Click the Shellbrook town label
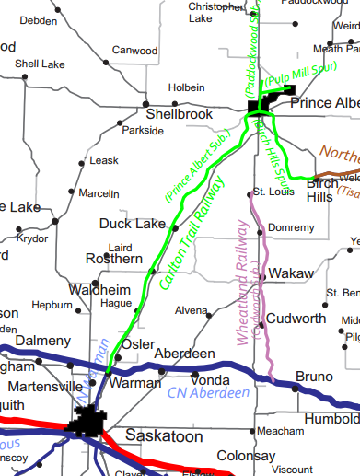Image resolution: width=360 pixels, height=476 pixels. (x=179, y=114)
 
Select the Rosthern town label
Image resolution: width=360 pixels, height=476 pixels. (x=114, y=260)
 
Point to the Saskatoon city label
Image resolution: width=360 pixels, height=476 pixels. (x=162, y=435)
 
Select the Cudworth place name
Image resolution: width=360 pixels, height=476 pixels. (x=296, y=319)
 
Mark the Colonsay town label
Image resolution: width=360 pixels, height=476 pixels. (x=247, y=456)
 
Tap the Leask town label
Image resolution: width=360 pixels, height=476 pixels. (x=104, y=160)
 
